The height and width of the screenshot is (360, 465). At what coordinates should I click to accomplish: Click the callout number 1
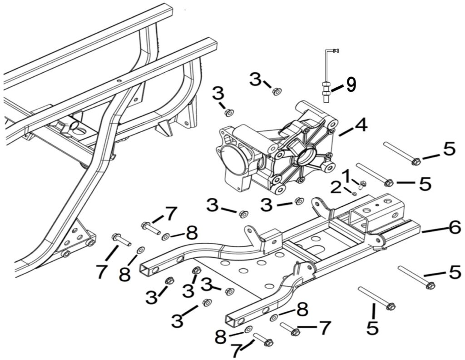(346, 175)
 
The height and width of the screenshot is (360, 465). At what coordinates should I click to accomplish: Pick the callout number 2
(336, 187)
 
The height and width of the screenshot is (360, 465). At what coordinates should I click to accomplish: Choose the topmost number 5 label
(449, 149)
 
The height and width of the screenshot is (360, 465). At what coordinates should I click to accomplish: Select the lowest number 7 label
(237, 351)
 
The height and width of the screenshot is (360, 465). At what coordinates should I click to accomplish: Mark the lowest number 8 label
(221, 337)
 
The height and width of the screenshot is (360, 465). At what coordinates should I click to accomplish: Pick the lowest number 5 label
(372, 328)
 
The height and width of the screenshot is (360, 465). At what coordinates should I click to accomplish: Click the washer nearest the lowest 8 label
(248, 329)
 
